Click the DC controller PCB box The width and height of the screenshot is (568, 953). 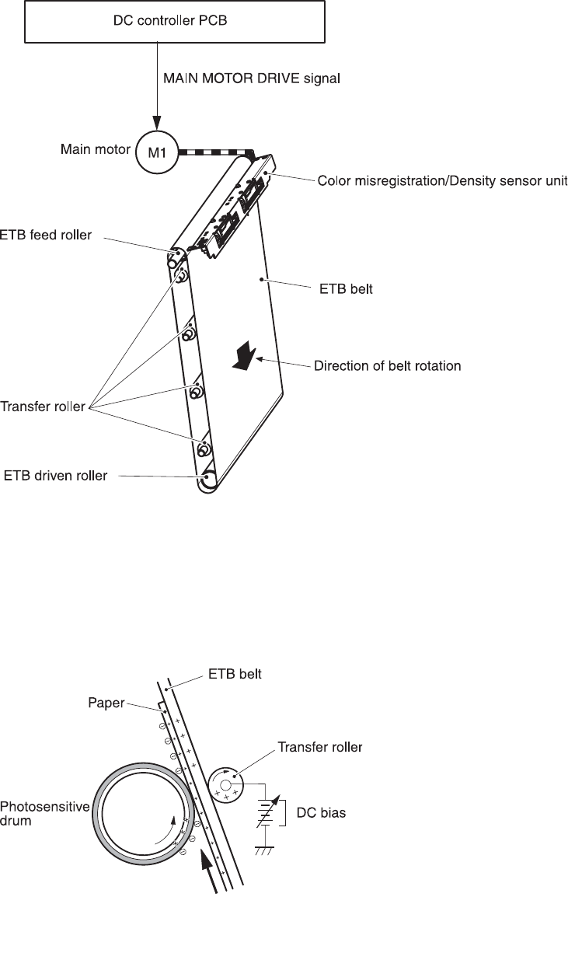175,21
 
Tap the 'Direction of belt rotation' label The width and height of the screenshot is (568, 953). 387,365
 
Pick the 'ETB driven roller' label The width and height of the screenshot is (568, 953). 56,475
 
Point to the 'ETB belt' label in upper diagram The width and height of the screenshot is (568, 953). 347,291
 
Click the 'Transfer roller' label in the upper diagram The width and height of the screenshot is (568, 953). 43,407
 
